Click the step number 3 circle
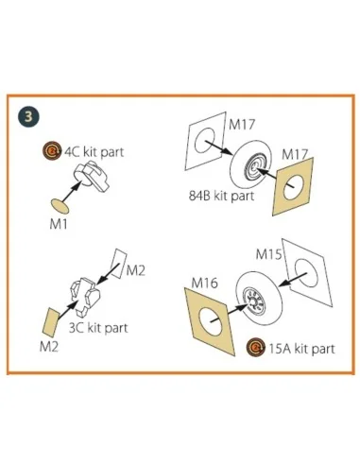28,116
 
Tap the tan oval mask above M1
60,206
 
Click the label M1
59,224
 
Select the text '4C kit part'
94,152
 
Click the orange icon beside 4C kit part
52,151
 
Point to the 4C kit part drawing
92,177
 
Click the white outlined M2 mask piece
119,264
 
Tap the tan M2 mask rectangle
50,322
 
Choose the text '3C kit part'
98,328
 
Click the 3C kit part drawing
85,296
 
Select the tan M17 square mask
293,186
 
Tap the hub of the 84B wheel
255,170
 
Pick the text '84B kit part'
221,196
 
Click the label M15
268,254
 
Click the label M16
204,283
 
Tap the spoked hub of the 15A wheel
254,301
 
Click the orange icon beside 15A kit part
256,348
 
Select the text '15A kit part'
301,349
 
